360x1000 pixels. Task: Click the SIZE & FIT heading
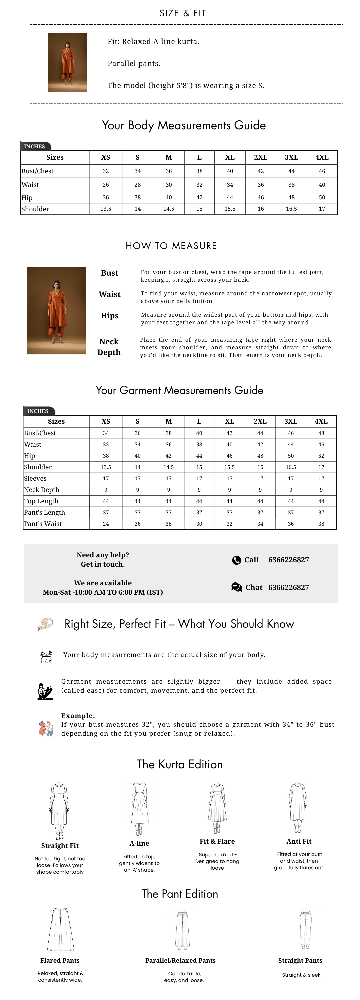183,13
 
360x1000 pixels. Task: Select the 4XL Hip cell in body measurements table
322,197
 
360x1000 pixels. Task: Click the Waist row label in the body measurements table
30,185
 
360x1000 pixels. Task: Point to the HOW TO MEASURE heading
171,246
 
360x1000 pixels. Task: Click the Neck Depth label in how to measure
109,347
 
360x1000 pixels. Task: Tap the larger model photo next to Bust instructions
56,310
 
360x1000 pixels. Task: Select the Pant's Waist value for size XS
106,524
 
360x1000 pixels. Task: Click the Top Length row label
41,501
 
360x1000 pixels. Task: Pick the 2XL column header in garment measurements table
260,421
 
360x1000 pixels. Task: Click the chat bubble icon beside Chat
236,587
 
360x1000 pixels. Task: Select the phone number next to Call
289,560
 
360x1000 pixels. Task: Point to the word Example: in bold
78,715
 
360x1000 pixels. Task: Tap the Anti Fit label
299,841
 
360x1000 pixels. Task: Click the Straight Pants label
300,960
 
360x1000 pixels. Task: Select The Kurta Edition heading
180,764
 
